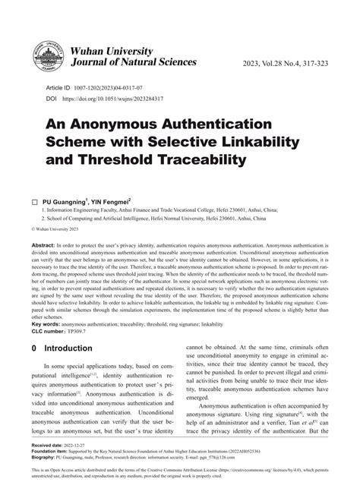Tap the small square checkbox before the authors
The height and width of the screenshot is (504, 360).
coord(35,204)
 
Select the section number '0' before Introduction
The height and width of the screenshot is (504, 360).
coord(34,349)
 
